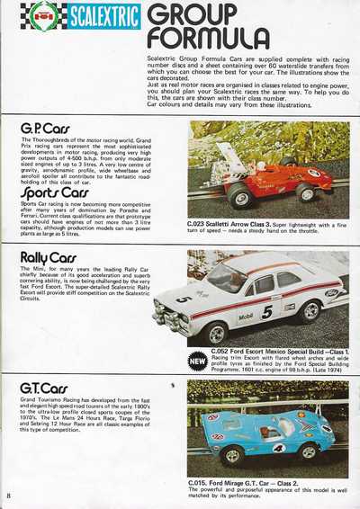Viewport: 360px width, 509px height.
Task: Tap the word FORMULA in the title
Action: coord(209,39)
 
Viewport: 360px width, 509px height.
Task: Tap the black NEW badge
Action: coord(198,360)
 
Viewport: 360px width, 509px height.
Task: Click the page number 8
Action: coord(8,496)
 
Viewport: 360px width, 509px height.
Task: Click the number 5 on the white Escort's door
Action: coord(266,312)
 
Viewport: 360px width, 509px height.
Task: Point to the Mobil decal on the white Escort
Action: coord(245,316)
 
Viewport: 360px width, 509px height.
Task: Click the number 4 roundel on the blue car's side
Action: coord(278,447)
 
